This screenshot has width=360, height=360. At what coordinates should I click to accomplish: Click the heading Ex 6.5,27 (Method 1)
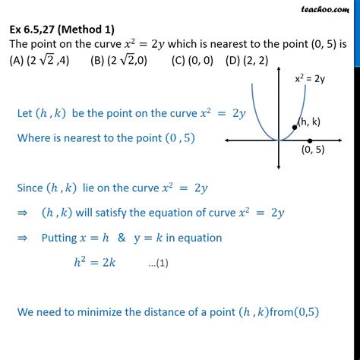coord(63,30)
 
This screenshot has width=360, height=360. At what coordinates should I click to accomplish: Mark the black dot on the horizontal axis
coord(310,141)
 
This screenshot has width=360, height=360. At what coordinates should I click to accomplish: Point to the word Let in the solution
coord(24,114)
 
